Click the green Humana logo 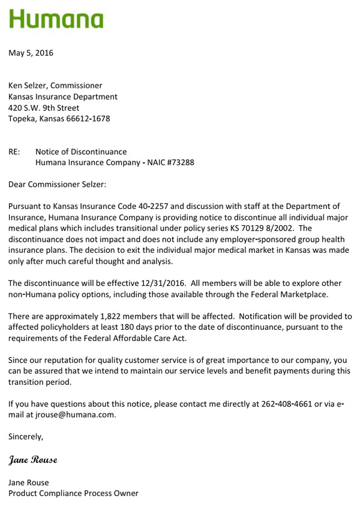pyautogui.click(x=56, y=19)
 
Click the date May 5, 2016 pyautogui.click(x=31, y=53)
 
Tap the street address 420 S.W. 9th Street pyautogui.click(x=44, y=108)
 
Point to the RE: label pyautogui.click(x=14, y=152)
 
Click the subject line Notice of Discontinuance pyautogui.click(x=81, y=152)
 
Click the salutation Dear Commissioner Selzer pyautogui.click(x=57, y=184)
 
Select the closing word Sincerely pyautogui.click(x=26, y=437)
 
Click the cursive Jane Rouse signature pyautogui.click(x=33, y=460)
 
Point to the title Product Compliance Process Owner pyautogui.click(x=73, y=493)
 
